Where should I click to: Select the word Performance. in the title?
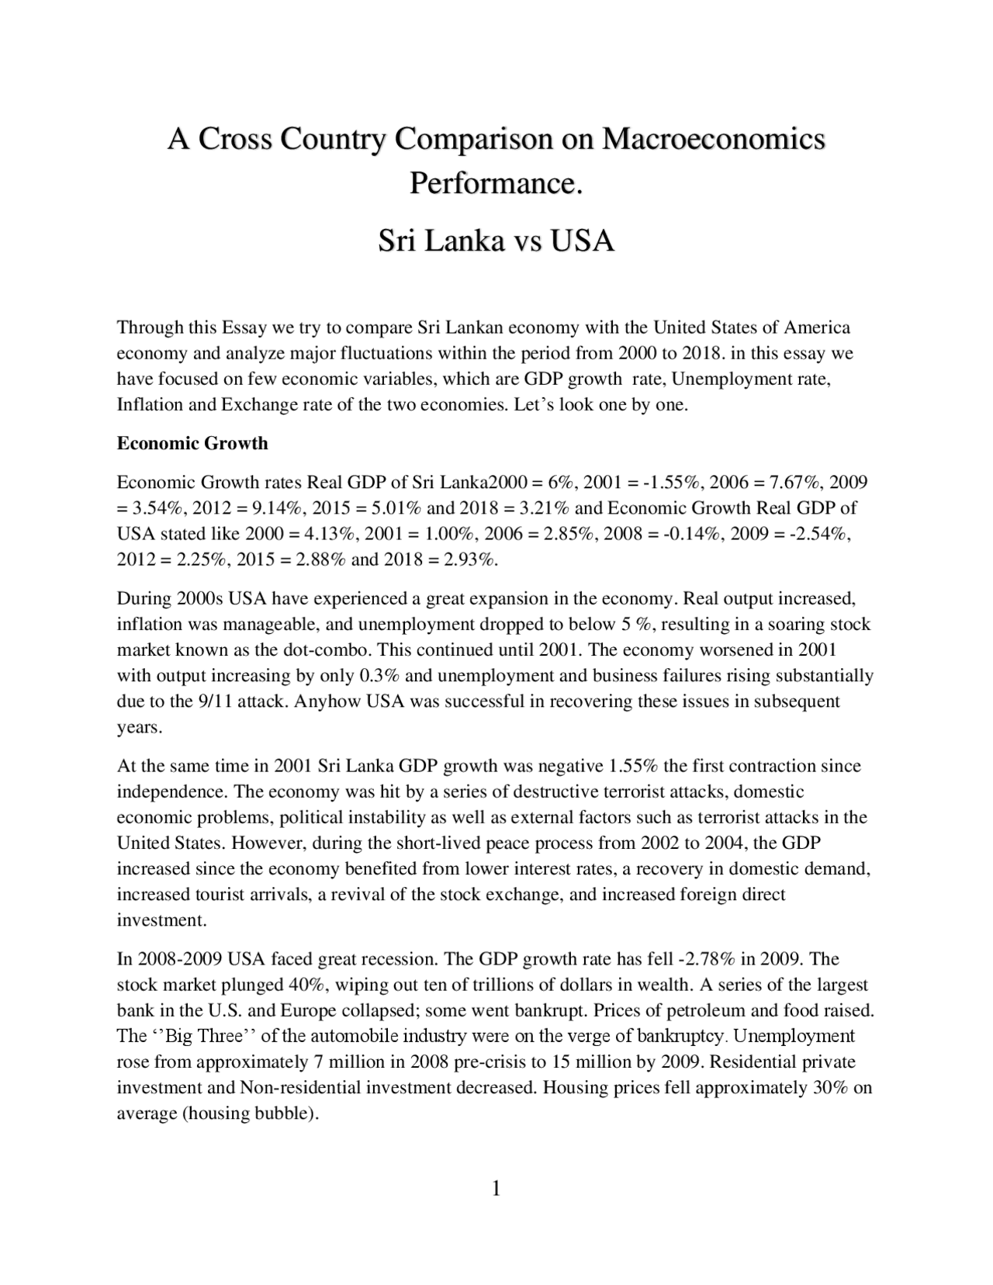[496, 185]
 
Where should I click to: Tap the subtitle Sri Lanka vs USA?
[496, 241]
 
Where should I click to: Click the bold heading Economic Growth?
[192, 444]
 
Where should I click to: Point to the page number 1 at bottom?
[496, 1188]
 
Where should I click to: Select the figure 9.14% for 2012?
[280, 508]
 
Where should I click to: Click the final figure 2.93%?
[469, 560]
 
